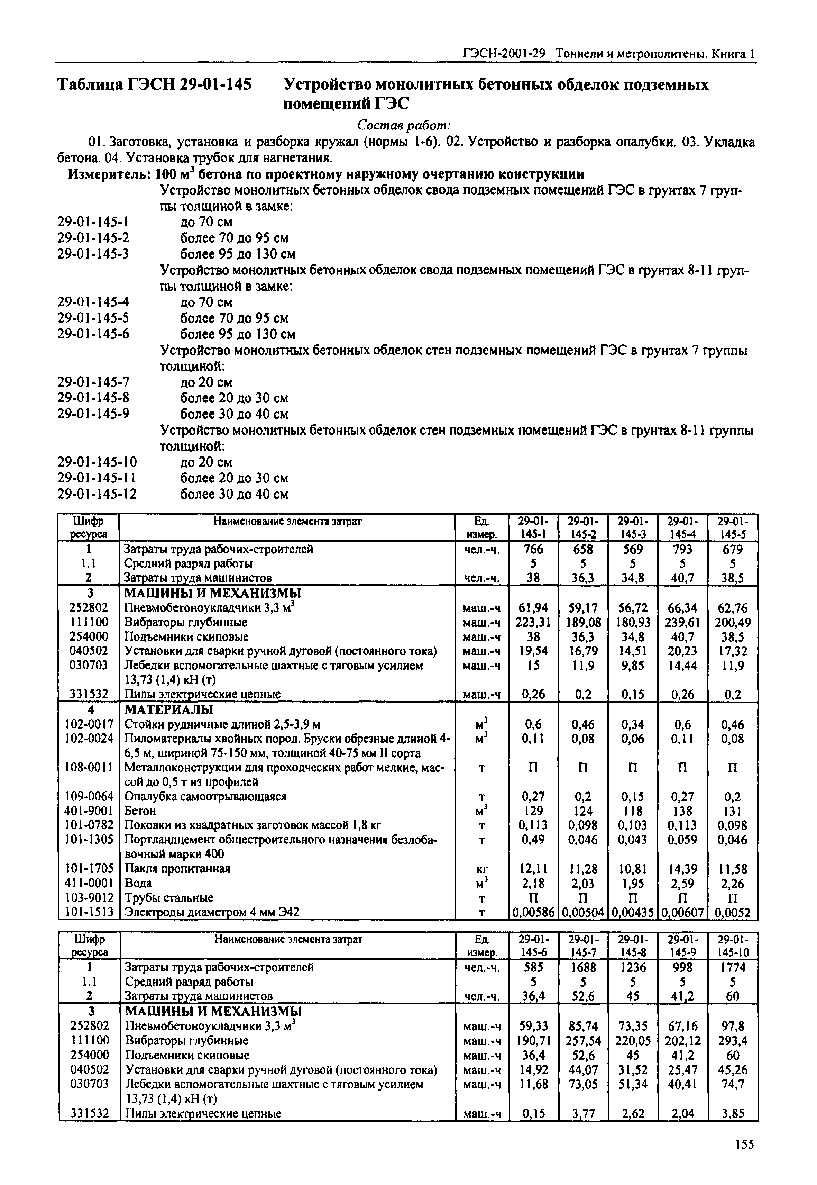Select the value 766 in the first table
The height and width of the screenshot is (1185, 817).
click(533, 549)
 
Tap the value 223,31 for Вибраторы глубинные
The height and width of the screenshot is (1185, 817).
click(533, 622)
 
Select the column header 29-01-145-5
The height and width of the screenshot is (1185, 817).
click(732, 527)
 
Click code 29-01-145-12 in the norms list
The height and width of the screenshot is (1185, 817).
click(97, 494)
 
